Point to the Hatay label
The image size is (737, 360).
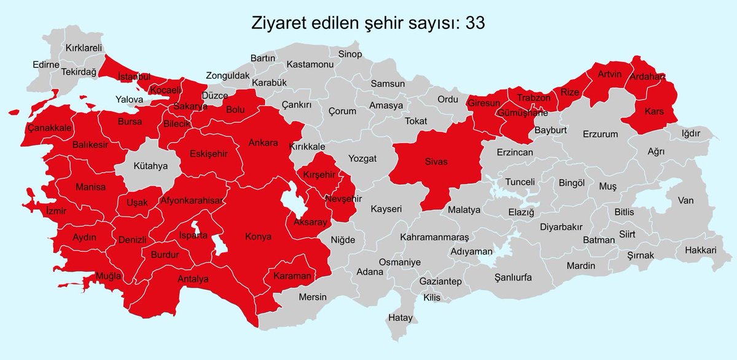click(x=400, y=318)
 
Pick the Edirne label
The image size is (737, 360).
click(x=45, y=65)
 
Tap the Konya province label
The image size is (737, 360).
click(x=258, y=237)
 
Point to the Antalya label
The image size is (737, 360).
click(x=193, y=279)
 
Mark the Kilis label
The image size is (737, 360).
click(x=432, y=297)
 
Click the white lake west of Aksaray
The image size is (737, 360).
click(x=289, y=202)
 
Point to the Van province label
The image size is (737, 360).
click(x=685, y=200)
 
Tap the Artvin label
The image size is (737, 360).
click(x=610, y=75)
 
